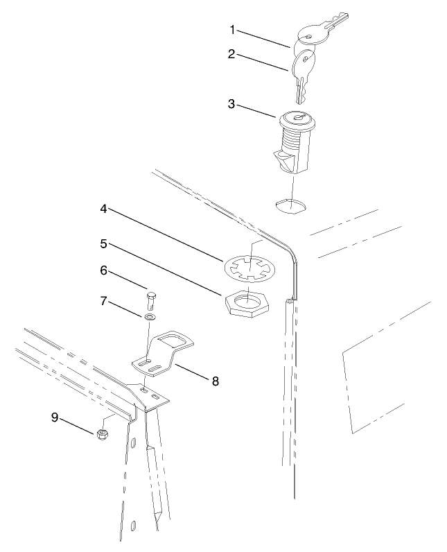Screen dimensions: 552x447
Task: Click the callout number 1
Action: pos(234,30)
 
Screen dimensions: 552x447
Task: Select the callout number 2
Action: pos(234,53)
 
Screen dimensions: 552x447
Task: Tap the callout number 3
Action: pos(234,105)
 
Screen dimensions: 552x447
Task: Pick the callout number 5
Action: pos(103,244)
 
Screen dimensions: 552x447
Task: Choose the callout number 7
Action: pos(103,302)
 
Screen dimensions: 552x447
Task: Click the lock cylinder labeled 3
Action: pos(295,142)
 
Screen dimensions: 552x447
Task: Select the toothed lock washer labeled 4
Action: pos(250,266)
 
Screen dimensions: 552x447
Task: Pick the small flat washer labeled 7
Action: pos(150,318)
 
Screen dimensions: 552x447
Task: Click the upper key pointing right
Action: pos(322,29)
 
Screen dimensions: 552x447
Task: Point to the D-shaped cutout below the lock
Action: pos(291,205)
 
